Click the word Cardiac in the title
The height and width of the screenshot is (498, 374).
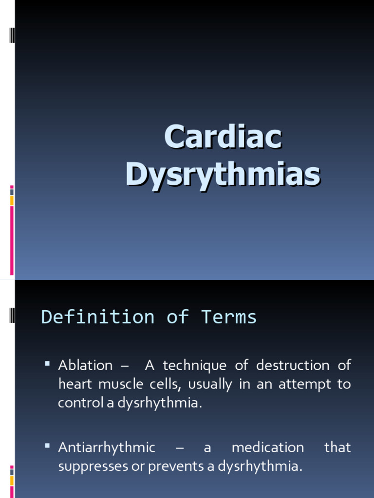coord(223,138)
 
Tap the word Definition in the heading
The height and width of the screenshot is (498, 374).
coord(97,317)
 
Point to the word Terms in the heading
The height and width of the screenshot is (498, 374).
coord(228,317)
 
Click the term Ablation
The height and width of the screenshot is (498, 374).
coord(85,365)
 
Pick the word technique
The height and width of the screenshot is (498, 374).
coord(195,365)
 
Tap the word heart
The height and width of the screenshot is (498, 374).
coord(73,384)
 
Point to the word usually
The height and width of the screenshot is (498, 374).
coord(210,384)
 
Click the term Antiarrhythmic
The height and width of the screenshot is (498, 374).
coord(107,447)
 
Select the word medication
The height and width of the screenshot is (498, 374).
coord(267,447)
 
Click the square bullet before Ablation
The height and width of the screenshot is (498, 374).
coord(48,364)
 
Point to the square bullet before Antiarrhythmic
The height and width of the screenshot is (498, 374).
coord(48,446)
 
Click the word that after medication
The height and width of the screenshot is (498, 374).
coord(337,447)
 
